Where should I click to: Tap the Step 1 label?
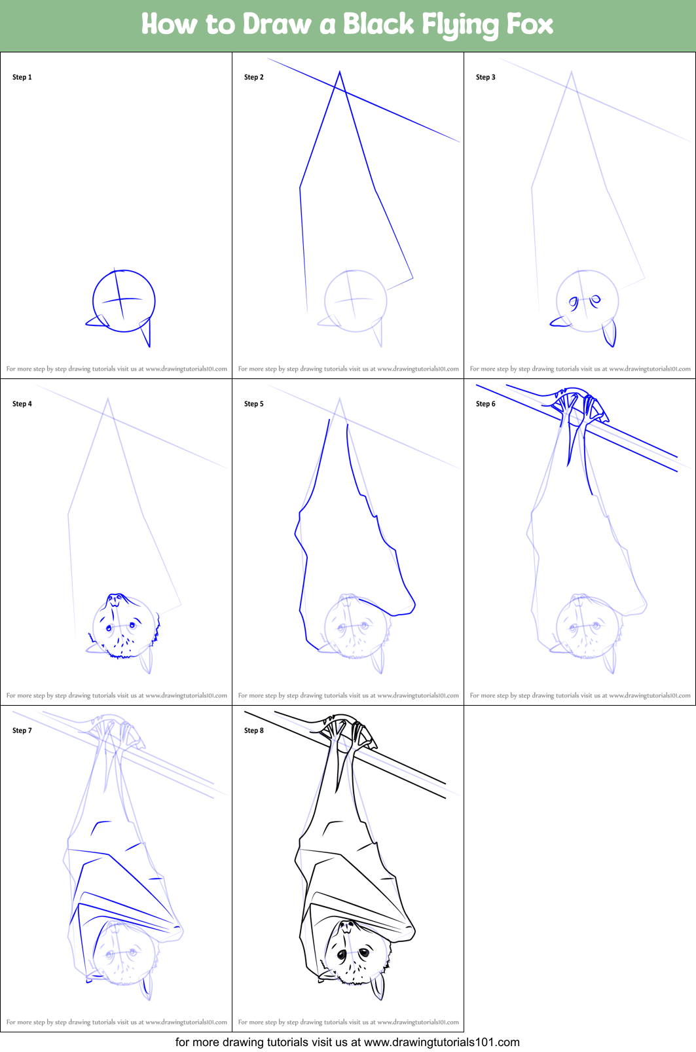(x=22, y=77)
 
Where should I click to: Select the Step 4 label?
(x=22, y=404)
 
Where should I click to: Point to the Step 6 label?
(x=485, y=404)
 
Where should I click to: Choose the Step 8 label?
(x=253, y=731)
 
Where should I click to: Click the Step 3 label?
(x=485, y=77)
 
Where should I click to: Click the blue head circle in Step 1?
(x=124, y=300)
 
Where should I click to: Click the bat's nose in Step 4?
(x=115, y=598)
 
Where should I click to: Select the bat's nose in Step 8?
(x=347, y=926)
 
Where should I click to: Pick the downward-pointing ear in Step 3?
(x=610, y=333)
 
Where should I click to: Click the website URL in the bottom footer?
(x=442, y=1042)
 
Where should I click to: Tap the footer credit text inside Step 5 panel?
(x=348, y=696)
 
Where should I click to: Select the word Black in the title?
(x=378, y=24)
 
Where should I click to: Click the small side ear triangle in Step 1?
(x=98, y=321)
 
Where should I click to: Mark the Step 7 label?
(x=22, y=731)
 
